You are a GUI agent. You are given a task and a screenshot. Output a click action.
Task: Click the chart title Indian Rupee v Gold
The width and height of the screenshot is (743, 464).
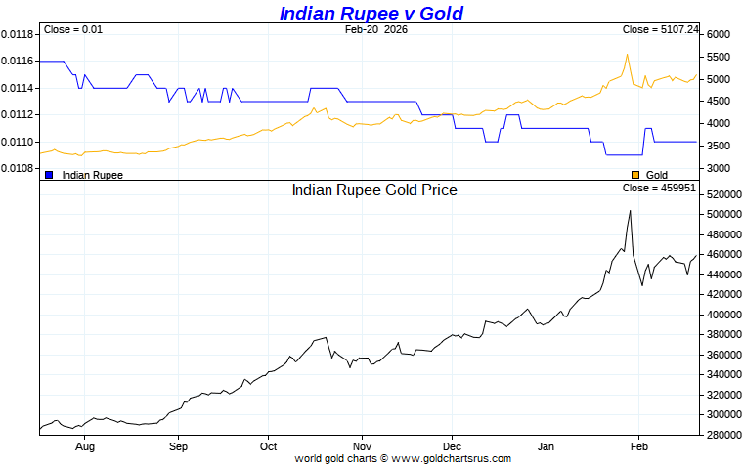[371, 13]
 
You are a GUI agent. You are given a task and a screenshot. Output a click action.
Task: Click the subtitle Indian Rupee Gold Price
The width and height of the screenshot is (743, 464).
[374, 190]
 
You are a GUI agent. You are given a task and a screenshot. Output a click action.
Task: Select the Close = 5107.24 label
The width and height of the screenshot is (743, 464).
[660, 30]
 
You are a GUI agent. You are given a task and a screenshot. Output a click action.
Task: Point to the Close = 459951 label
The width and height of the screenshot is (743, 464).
[659, 188]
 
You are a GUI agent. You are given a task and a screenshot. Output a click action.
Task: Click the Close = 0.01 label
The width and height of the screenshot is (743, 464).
[73, 30]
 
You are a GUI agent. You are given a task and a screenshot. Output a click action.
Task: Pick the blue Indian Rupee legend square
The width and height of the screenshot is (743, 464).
[49, 175]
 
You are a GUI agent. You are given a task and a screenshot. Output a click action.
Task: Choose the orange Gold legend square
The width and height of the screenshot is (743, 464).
[635, 175]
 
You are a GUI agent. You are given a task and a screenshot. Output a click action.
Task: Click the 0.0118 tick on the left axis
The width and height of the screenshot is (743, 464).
[18, 34]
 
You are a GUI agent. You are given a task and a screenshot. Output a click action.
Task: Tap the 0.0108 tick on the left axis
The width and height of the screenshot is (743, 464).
[18, 169]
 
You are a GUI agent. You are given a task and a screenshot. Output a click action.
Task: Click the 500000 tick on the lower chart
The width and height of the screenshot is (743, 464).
[724, 214]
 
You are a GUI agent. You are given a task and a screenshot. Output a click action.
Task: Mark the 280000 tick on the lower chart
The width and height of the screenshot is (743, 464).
[724, 436]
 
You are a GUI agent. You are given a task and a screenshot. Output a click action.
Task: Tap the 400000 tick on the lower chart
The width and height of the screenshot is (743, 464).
[724, 315]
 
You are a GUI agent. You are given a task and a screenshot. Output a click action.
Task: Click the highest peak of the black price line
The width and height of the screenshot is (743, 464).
[630, 210]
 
